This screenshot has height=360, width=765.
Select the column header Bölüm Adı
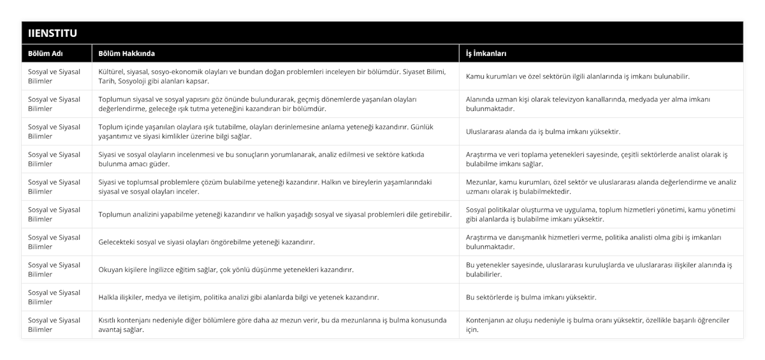[45, 54]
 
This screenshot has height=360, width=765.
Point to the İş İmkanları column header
[486, 54]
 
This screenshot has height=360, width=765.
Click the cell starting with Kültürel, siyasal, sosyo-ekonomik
[274, 76]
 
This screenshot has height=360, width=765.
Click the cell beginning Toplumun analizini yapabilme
[275, 215]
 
